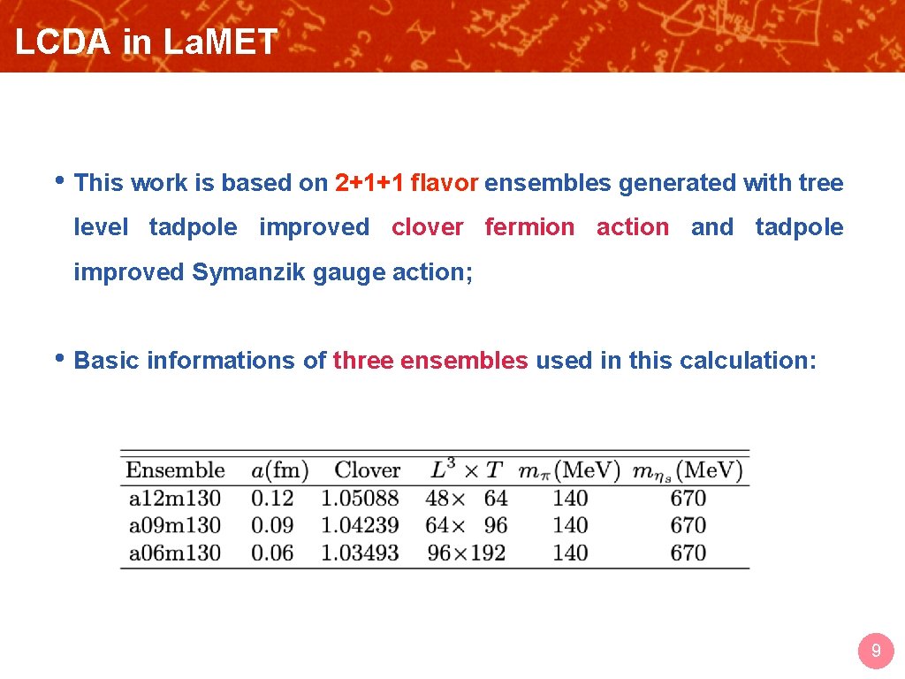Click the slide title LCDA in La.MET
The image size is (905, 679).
[x=146, y=42]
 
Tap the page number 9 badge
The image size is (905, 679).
[x=876, y=652]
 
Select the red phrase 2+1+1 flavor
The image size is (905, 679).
[x=407, y=183]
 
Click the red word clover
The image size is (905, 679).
[x=427, y=227]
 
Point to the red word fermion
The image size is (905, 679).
[x=529, y=227]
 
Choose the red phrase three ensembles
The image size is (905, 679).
[x=430, y=361]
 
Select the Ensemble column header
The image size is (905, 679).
[x=175, y=469]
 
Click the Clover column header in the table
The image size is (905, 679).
[x=367, y=469]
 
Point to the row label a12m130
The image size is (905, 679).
[x=175, y=499]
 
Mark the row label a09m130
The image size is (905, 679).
[x=175, y=525]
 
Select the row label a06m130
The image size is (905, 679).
[x=175, y=553]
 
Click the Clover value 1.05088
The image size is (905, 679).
[x=360, y=499]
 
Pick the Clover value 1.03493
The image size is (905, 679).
[x=360, y=553]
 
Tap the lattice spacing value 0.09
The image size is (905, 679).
[x=272, y=525]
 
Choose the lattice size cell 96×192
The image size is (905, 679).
[x=466, y=553]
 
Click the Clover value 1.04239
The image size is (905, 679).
[x=360, y=525]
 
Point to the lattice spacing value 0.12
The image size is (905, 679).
[x=272, y=499]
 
